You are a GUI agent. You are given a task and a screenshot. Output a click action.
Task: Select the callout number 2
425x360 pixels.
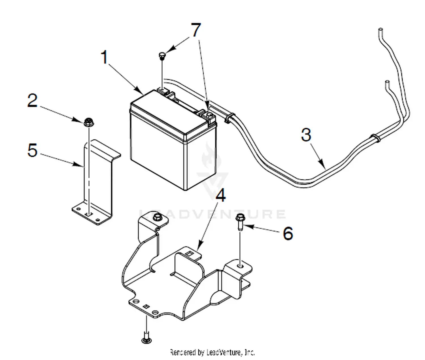pos(32,101)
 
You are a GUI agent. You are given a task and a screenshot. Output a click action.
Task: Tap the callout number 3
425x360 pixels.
pos(306,135)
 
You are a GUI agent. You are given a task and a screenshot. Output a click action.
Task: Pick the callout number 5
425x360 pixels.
pos(32,150)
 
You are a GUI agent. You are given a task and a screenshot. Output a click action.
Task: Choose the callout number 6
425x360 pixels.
pos(288,234)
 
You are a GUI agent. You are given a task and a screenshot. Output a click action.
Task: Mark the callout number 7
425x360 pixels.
pos(196,30)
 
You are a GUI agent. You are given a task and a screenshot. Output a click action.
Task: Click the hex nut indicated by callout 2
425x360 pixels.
pos(89,123)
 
